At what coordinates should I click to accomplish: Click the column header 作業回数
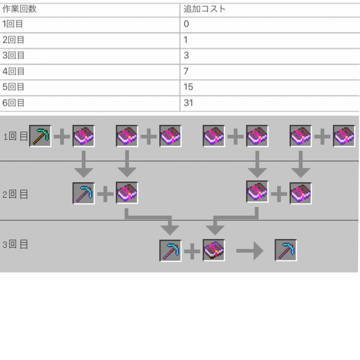[x=19, y=9]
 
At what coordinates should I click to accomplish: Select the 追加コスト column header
[x=205, y=9]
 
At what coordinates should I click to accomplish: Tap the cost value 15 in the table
[x=188, y=87]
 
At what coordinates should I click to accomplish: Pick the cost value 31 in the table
[x=188, y=103]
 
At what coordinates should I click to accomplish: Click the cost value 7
[x=186, y=71]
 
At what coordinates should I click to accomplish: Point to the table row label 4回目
[x=13, y=71]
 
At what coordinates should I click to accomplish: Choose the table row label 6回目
[x=13, y=103]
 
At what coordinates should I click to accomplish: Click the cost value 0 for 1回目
[x=186, y=24]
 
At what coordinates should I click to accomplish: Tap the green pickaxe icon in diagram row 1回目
[x=40, y=136]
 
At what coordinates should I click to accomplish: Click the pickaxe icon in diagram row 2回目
[x=84, y=193]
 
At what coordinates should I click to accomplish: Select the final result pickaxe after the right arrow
[x=286, y=250]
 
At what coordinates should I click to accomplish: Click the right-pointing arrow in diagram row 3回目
[x=250, y=251]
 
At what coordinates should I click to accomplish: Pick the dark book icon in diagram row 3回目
[x=214, y=250]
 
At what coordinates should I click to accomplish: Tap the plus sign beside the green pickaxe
[x=62, y=136]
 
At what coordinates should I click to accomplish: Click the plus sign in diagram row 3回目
[x=192, y=251]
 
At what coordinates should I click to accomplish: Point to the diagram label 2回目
[x=15, y=195]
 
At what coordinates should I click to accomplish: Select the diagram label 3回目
[x=15, y=244]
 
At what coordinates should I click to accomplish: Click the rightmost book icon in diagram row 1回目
[x=344, y=136]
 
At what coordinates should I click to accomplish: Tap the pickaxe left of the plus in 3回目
[x=170, y=251]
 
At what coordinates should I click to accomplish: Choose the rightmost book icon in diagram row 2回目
[x=301, y=193]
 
